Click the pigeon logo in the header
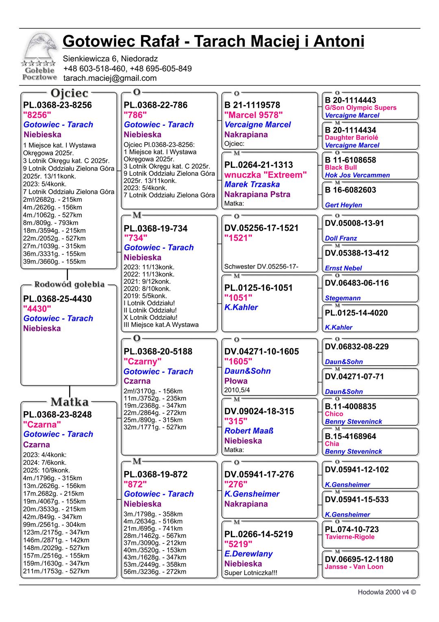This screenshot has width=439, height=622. pos(39,57)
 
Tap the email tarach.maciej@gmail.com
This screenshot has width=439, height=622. pos(110,78)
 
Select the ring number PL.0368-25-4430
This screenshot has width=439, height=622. pos(57,299)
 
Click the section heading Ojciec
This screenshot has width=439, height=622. pos(70,93)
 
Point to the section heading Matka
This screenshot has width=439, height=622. pos(70,402)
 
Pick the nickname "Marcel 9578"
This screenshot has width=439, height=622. pos(253,115)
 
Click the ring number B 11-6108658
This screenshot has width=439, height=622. pos(350,160)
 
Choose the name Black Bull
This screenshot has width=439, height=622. pos(341,167)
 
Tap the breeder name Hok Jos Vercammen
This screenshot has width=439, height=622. pos(357,175)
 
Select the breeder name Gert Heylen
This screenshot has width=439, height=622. pos(343,205)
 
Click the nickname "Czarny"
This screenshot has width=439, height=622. pos(142,361)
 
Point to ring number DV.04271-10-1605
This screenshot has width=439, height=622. pos(261,351)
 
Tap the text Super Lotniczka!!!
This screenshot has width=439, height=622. pos(251,573)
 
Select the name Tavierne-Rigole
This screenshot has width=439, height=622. pos(350,537)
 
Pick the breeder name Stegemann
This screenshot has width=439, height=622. pos(343,298)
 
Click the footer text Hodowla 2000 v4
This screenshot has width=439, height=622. pos(386,592)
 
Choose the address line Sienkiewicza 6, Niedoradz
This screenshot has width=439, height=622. pos(110,59)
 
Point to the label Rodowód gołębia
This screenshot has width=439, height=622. pos(70,284)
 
